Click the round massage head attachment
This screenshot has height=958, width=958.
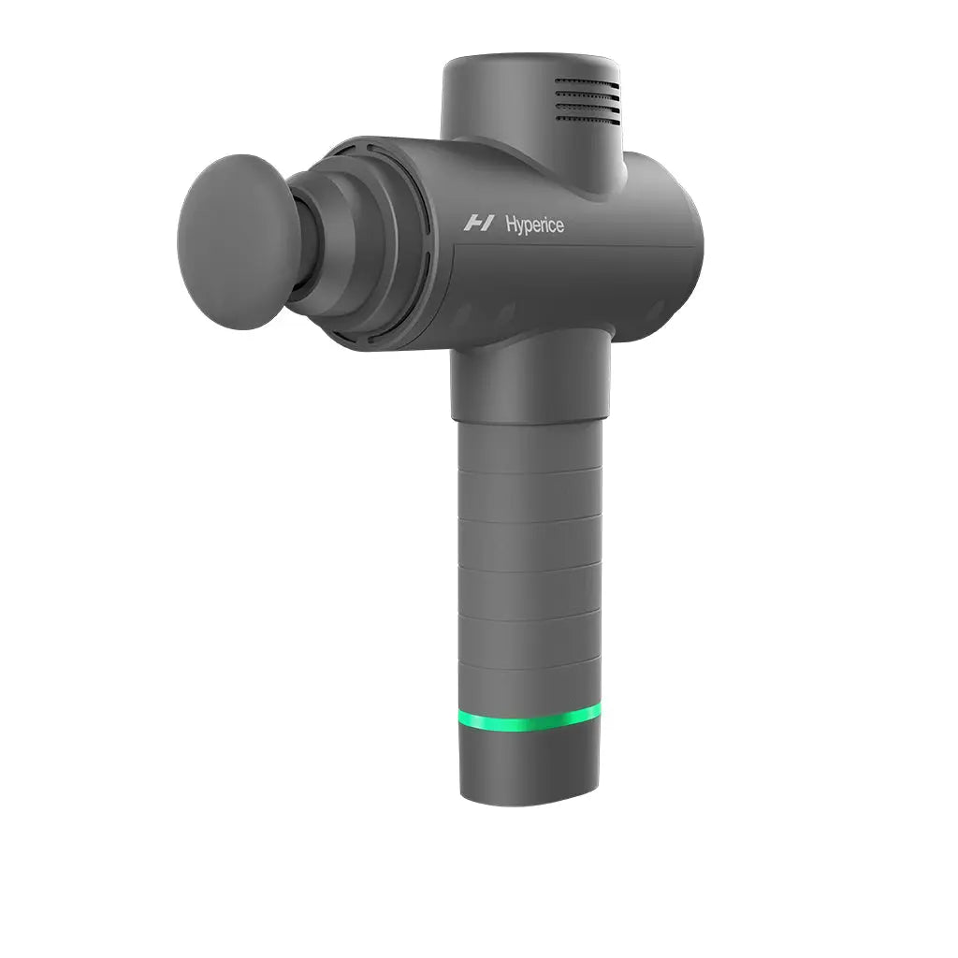(239, 241)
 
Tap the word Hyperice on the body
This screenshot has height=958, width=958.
(534, 225)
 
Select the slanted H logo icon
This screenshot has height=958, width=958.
(479, 223)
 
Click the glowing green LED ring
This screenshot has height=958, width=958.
(530, 719)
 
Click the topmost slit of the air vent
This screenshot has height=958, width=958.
(587, 82)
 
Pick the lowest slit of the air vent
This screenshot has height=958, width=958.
(587, 118)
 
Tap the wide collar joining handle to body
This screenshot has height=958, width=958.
(530, 379)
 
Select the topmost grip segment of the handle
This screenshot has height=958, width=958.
(530, 447)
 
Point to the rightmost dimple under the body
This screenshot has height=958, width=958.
(655, 310)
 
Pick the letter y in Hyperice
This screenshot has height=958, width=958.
(519, 227)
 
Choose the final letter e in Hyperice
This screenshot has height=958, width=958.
(559, 225)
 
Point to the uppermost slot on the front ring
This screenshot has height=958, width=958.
(372, 148)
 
